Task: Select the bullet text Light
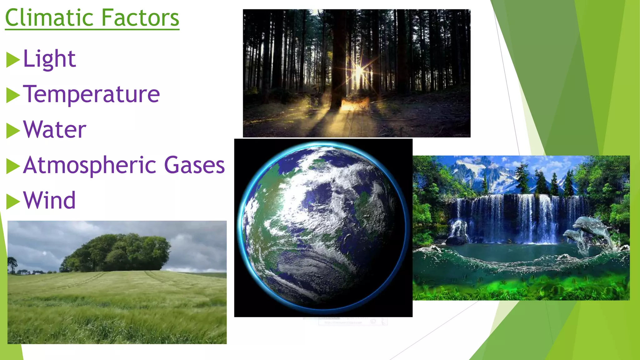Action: click(x=49, y=59)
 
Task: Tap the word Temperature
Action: click(x=91, y=94)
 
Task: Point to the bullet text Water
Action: click(x=55, y=129)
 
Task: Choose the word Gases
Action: click(x=194, y=165)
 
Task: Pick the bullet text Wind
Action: click(x=49, y=200)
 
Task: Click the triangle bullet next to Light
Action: click(x=13, y=60)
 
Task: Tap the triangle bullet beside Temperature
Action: click(x=13, y=95)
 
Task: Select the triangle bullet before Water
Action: click(x=13, y=131)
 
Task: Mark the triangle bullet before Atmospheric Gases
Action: click(x=13, y=166)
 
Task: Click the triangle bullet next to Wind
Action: click(x=13, y=202)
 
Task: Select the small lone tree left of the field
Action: click(x=12, y=264)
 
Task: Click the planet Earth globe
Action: click(x=323, y=227)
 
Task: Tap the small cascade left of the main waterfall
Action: click(x=458, y=230)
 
